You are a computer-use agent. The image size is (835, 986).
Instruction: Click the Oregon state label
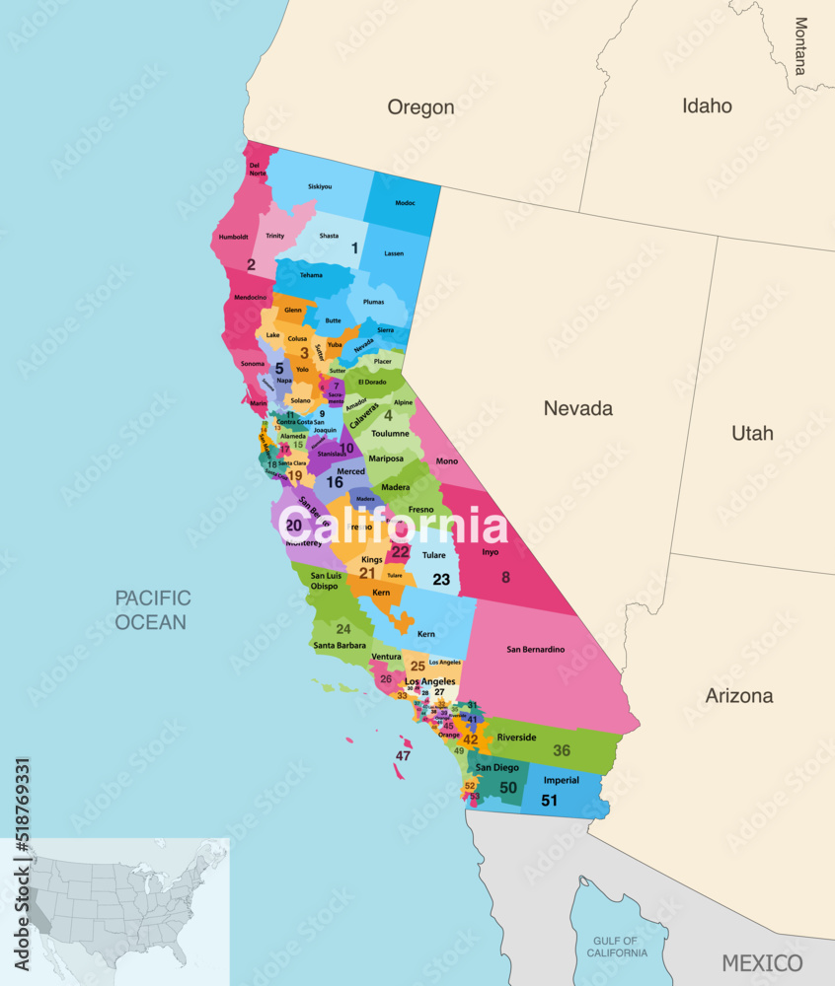(x=420, y=107)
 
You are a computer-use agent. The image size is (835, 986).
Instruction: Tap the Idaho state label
(x=707, y=106)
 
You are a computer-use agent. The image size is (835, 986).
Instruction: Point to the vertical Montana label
(x=799, y=46)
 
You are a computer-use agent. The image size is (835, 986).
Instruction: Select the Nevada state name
(x=578, y=408)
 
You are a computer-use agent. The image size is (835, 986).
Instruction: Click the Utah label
(x=752, y=433)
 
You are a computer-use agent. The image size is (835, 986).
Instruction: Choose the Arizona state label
(x=739, y=696)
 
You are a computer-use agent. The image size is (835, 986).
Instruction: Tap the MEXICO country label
(x=761, y=962)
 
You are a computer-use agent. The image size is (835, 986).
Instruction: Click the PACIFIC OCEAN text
(x=152, y=609)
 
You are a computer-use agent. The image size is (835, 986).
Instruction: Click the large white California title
(x=392, y=526)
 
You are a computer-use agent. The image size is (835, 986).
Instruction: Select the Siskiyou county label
(x=320, y=186)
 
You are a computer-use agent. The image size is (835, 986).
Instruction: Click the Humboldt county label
(x=234, y=237)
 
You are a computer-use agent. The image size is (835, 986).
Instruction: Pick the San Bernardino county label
(x=535, y=650)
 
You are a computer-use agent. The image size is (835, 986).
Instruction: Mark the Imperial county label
(x=562, y=781)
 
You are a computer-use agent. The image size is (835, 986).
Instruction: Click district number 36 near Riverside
(x=562, y=750)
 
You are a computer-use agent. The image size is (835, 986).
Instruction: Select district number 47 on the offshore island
(x=403, y=756)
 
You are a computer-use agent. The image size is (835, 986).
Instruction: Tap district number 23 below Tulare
(x=441, y=580)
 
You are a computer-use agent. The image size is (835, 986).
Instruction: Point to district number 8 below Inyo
(x=505, y=578)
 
